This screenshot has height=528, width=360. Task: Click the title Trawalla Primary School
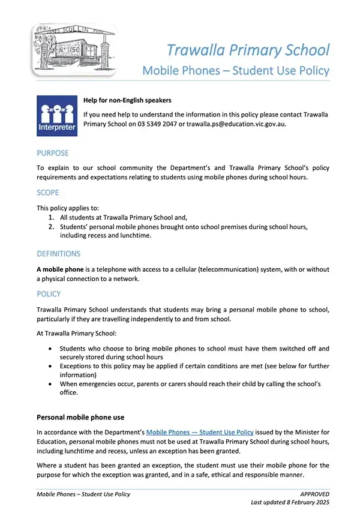pyautogui.click(x=248, y=50)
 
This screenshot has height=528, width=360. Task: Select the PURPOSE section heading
pyautogui.click(x=53, y=153)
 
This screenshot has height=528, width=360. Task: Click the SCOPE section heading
pyautogui.click(x=48, y=193)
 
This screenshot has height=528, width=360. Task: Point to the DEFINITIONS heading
pyautogui.click(x=58, y=254)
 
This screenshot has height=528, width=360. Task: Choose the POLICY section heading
pyautogui.click(x=49, y=294)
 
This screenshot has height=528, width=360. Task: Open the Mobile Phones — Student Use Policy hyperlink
pyautogui.click(x=200, y=431)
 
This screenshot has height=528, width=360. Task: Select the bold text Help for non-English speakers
pyautogui.click(x=127, y=100)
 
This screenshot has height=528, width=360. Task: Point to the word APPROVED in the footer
pyautogui.click(x=314, y=494)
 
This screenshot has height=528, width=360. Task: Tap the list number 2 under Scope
pyautogui.click(x=52, y=226)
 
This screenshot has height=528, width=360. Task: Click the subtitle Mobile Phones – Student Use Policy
pyautogui.click(x=236, y=71)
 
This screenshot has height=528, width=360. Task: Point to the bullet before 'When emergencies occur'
pyautogui.click(x=48, y=383)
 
